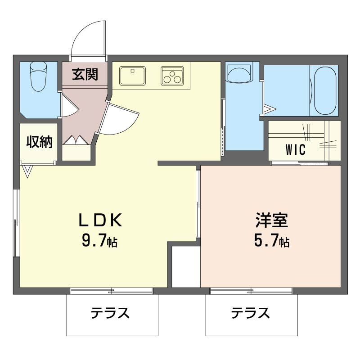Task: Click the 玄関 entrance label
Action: (x=85, y=74)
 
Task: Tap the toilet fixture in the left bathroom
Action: (x=39, y=76)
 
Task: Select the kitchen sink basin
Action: (x=132, y=76)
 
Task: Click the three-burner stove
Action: (x=172, y=76)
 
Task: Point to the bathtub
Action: (x=325, y=91)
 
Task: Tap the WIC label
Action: (x=296, y=149)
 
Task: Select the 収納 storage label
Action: (x=39, y=142)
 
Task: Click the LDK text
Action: (x=100, y=220)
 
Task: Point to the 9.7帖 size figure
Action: (x=99, y=241)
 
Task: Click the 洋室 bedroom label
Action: (x=272, y=220)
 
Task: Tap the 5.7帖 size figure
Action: (x=272, y=241)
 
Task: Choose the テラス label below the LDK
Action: (x=110, y=313)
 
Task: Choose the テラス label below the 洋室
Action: (x=250, y=313)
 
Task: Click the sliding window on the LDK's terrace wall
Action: (x=111, y=291)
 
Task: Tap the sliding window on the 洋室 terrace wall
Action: (x=251, y=291)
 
